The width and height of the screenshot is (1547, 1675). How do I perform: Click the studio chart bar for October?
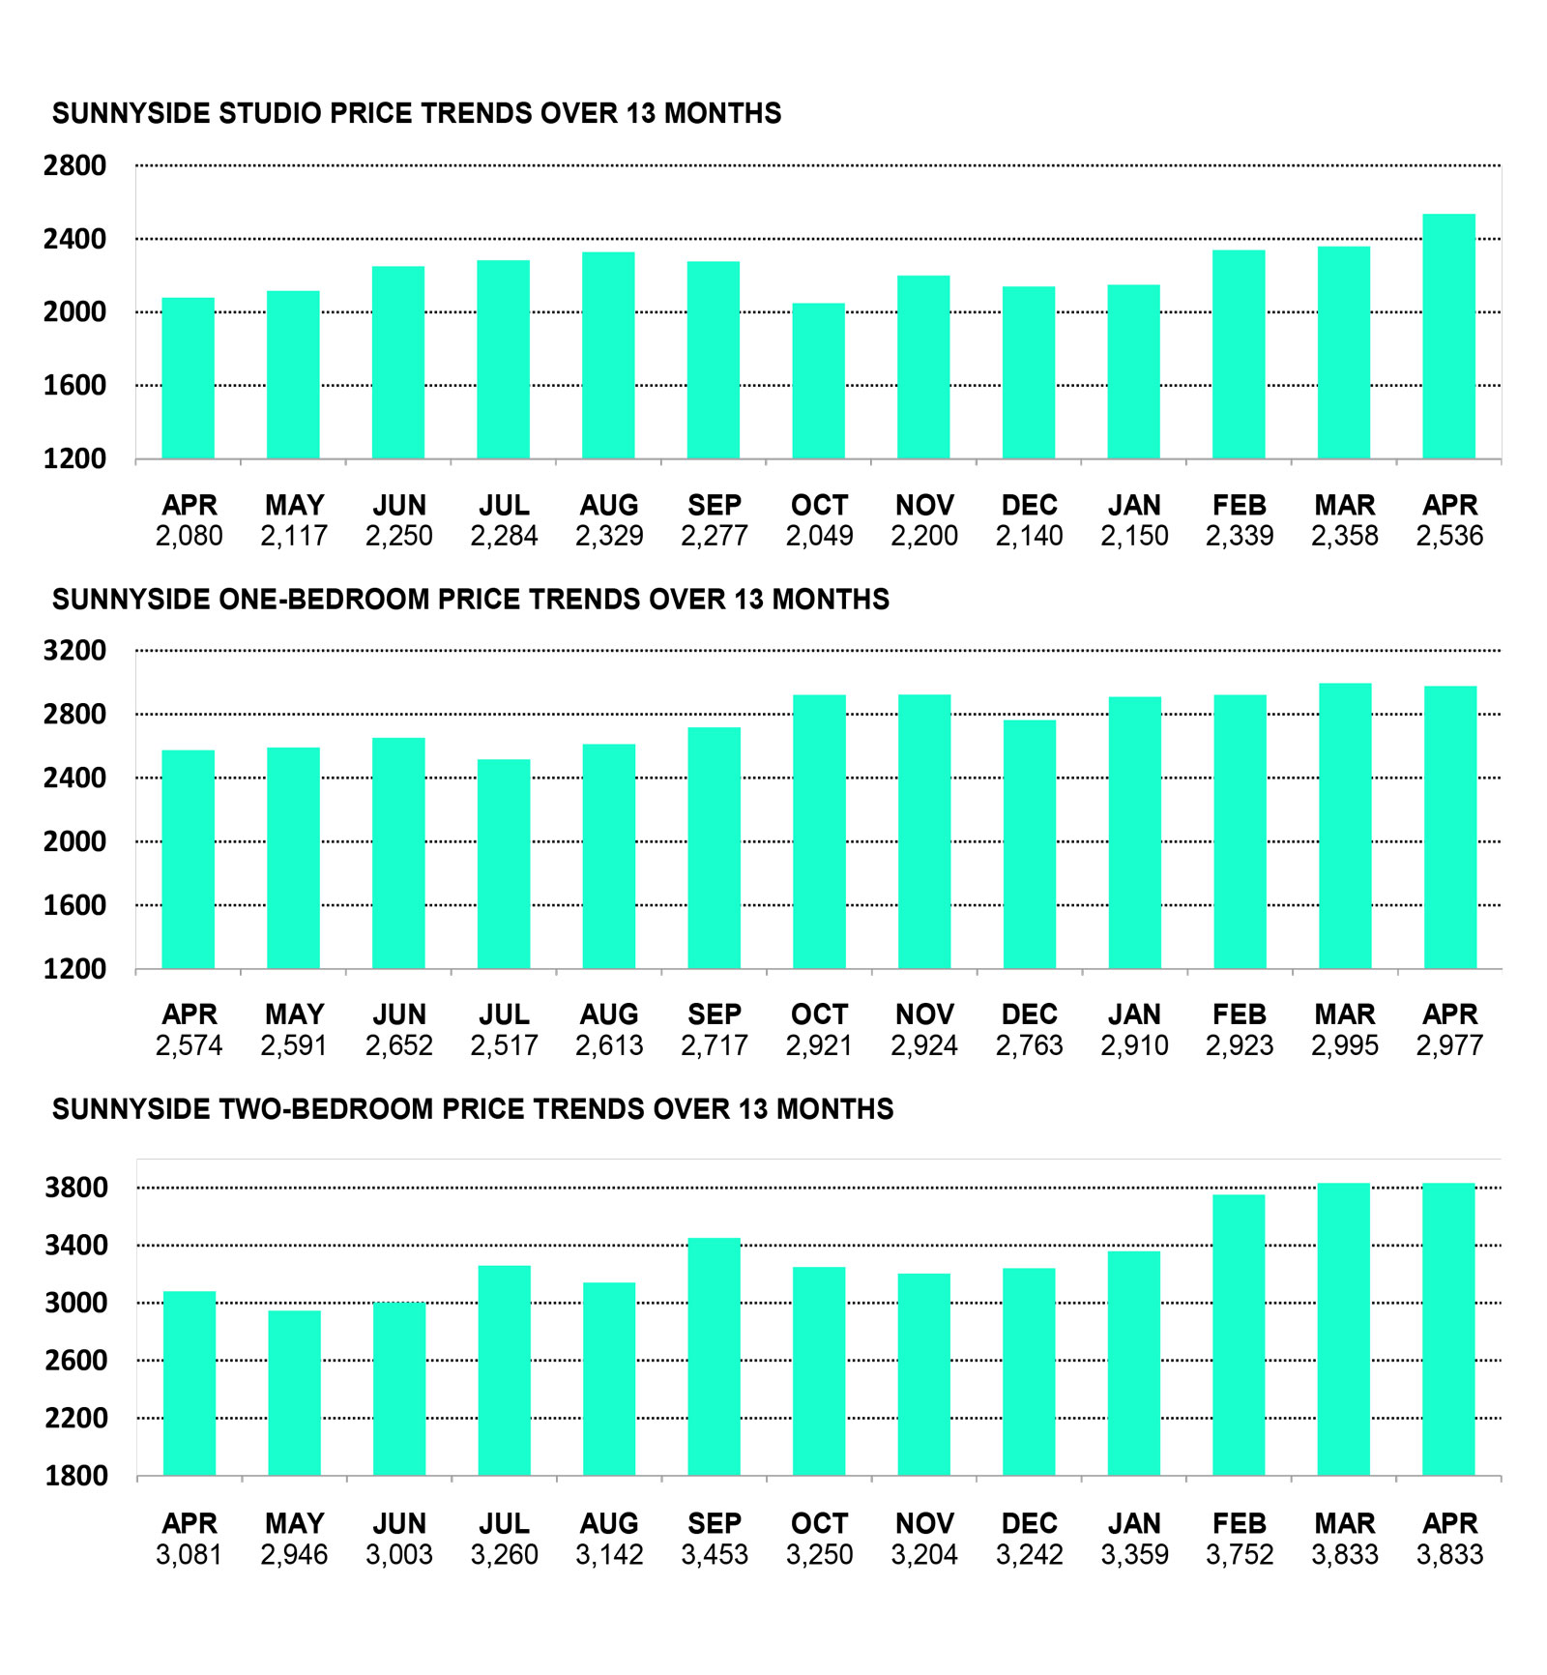pos(819,381)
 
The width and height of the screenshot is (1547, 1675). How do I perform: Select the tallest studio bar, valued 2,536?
pos(1449,337)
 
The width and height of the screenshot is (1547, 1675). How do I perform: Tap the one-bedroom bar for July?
pos(504,865)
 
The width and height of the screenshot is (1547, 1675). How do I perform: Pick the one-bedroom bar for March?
pos(1345,827)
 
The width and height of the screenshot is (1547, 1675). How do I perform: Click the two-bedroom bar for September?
pos(715,1357)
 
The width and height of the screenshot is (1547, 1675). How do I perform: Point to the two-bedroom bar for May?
pos(295,1394)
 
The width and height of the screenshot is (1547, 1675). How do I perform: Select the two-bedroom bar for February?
pos(1240,1336)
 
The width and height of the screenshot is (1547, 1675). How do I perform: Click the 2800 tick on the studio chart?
pos(74,165)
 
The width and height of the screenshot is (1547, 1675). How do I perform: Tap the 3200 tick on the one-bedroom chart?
pos(74,651)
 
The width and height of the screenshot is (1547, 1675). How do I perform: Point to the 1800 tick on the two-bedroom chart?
pos(76,1476)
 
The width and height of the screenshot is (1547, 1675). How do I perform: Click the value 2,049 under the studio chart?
pos(819,536)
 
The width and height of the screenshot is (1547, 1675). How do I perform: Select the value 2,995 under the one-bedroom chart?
pos(1345,1045)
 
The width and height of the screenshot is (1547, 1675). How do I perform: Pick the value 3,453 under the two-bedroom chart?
pos(715,1555)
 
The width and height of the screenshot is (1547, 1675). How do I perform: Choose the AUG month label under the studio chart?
pos(609,505)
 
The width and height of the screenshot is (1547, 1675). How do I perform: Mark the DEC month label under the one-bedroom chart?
pos(1030,1014)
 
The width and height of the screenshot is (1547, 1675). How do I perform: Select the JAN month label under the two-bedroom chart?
pos(1134,1524)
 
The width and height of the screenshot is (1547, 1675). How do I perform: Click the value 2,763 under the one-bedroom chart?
pos(1030,1045)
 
